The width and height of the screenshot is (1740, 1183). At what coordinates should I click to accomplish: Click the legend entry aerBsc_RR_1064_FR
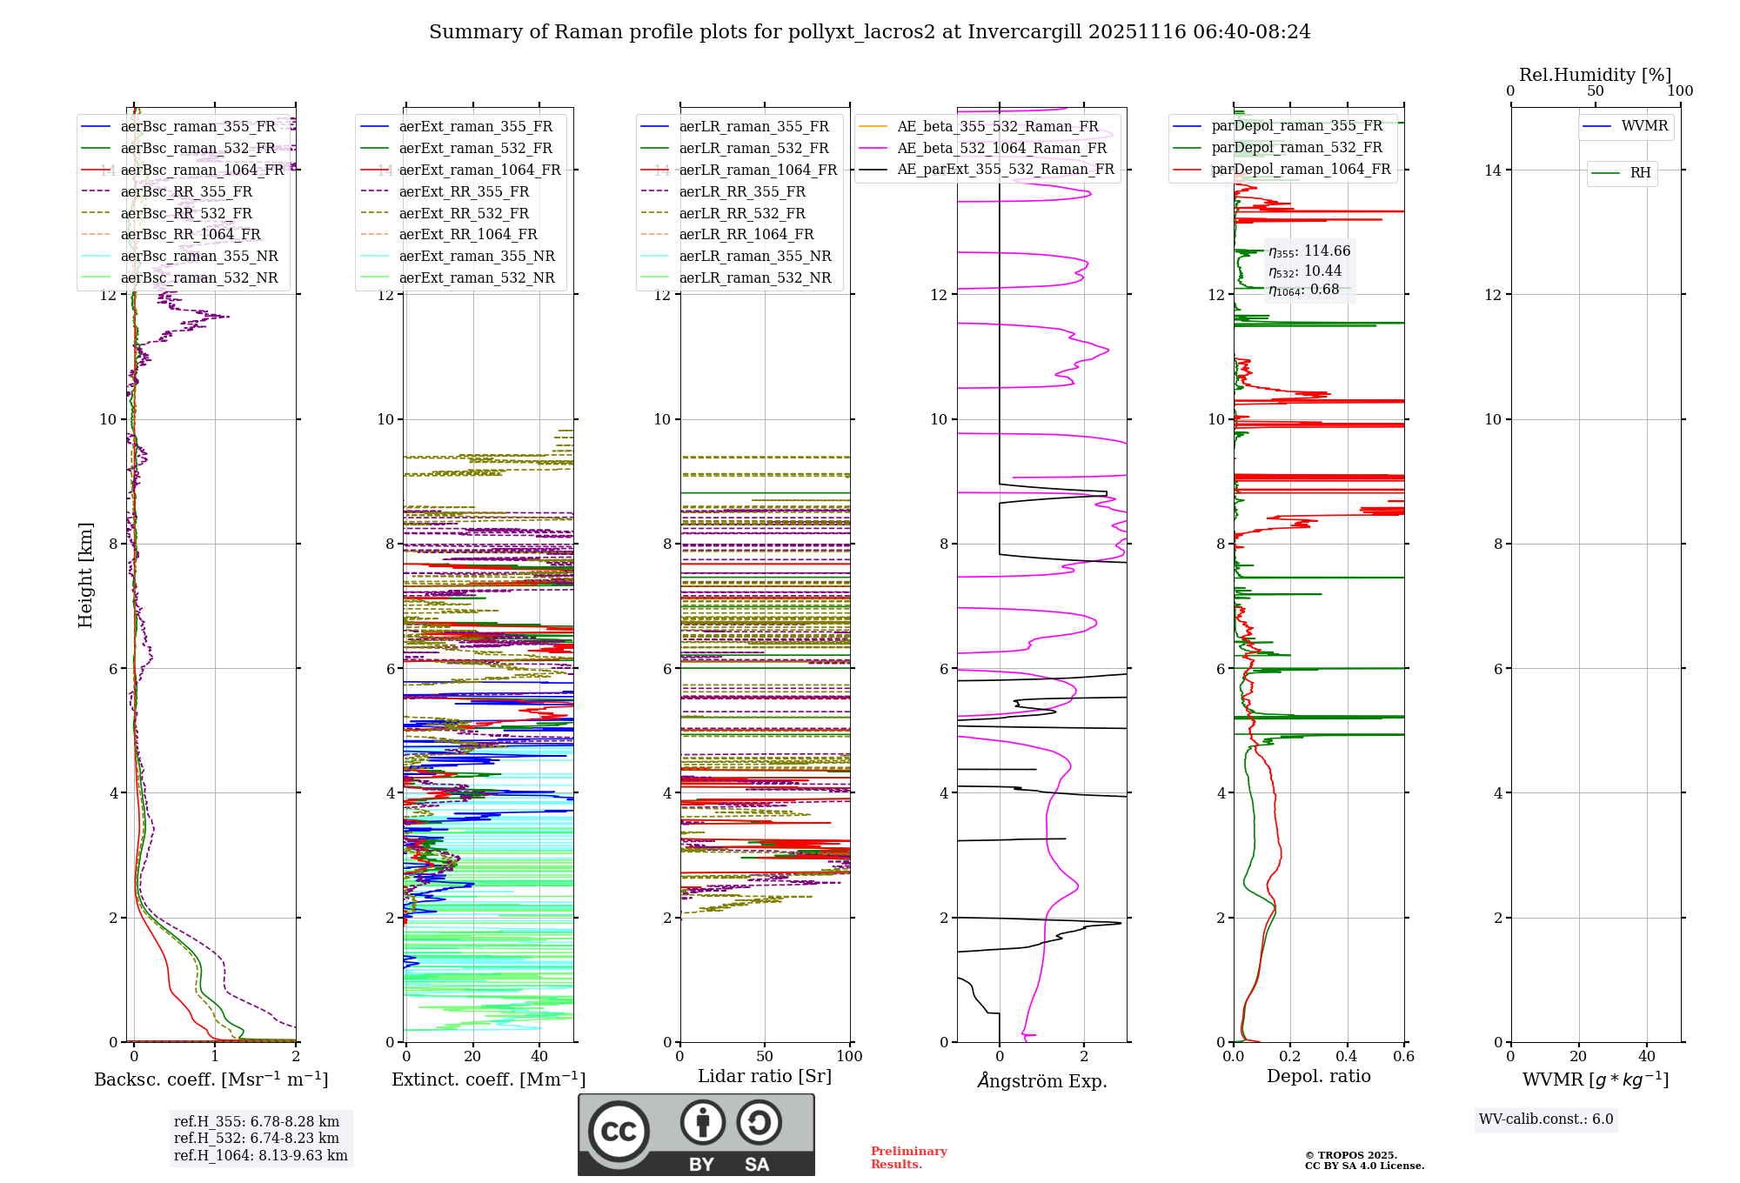click(x=191, y=235)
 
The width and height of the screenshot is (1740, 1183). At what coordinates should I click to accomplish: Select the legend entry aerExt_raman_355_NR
click(x=477, y=257)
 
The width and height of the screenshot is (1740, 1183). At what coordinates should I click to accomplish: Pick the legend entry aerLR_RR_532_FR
click(x=742, y=213)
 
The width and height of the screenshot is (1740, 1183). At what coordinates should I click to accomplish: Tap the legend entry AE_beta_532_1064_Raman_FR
click(x=1001, y=149)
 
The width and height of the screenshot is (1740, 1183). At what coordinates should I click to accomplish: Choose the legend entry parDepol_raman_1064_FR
click(x=1301, y=170)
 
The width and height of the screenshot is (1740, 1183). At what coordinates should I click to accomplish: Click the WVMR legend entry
click(x=1644, y=126)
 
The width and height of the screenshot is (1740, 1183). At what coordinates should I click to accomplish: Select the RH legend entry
click(x=1640, y=173)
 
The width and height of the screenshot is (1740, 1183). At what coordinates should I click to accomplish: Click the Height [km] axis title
click(x=85, y=574)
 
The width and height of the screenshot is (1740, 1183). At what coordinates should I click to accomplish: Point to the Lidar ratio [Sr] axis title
click(x=764, y=1076)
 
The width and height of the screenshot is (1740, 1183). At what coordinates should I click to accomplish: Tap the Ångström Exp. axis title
click(x=1041, y=1081)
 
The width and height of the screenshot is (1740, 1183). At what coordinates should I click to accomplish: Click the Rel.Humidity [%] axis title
click(x=1595, y=75)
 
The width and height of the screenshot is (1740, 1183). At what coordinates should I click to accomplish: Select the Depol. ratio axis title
click(x=1318, y=1076)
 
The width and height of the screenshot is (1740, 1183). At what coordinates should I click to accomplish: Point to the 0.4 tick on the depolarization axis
click(x=1347, y=1057)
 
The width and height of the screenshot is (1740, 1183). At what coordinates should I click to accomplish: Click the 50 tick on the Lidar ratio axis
click(x=765, y=1057)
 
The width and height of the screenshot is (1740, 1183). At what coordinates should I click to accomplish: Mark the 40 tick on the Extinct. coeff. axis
click(x=539, y=1057)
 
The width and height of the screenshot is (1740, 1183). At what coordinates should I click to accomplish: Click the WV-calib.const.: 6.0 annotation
click(x=1546, y=1120)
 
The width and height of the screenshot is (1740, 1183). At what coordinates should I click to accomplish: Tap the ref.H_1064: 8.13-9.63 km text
click(x=260, y=1156)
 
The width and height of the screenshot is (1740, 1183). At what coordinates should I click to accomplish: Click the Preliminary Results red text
click(x=908, y=1158)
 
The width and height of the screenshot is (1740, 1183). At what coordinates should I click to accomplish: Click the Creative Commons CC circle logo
click(x=619, y=1132)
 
